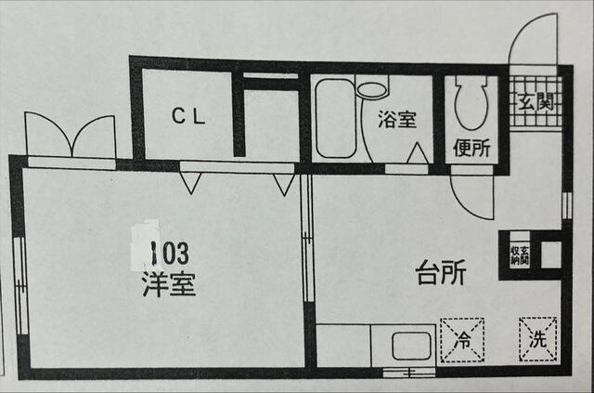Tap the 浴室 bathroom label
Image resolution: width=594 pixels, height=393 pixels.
pyautogui.click(x=396, y=119)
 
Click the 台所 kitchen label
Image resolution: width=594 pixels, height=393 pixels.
pyautogui.click(x=439, y=275)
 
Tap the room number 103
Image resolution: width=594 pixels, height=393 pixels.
pyautogui.click(x=171, y=252)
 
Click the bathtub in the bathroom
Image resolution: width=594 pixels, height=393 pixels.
pyautogui.click(x=335, y=119)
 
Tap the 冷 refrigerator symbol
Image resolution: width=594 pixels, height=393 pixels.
pyautogui.click(x=462, y=339)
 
